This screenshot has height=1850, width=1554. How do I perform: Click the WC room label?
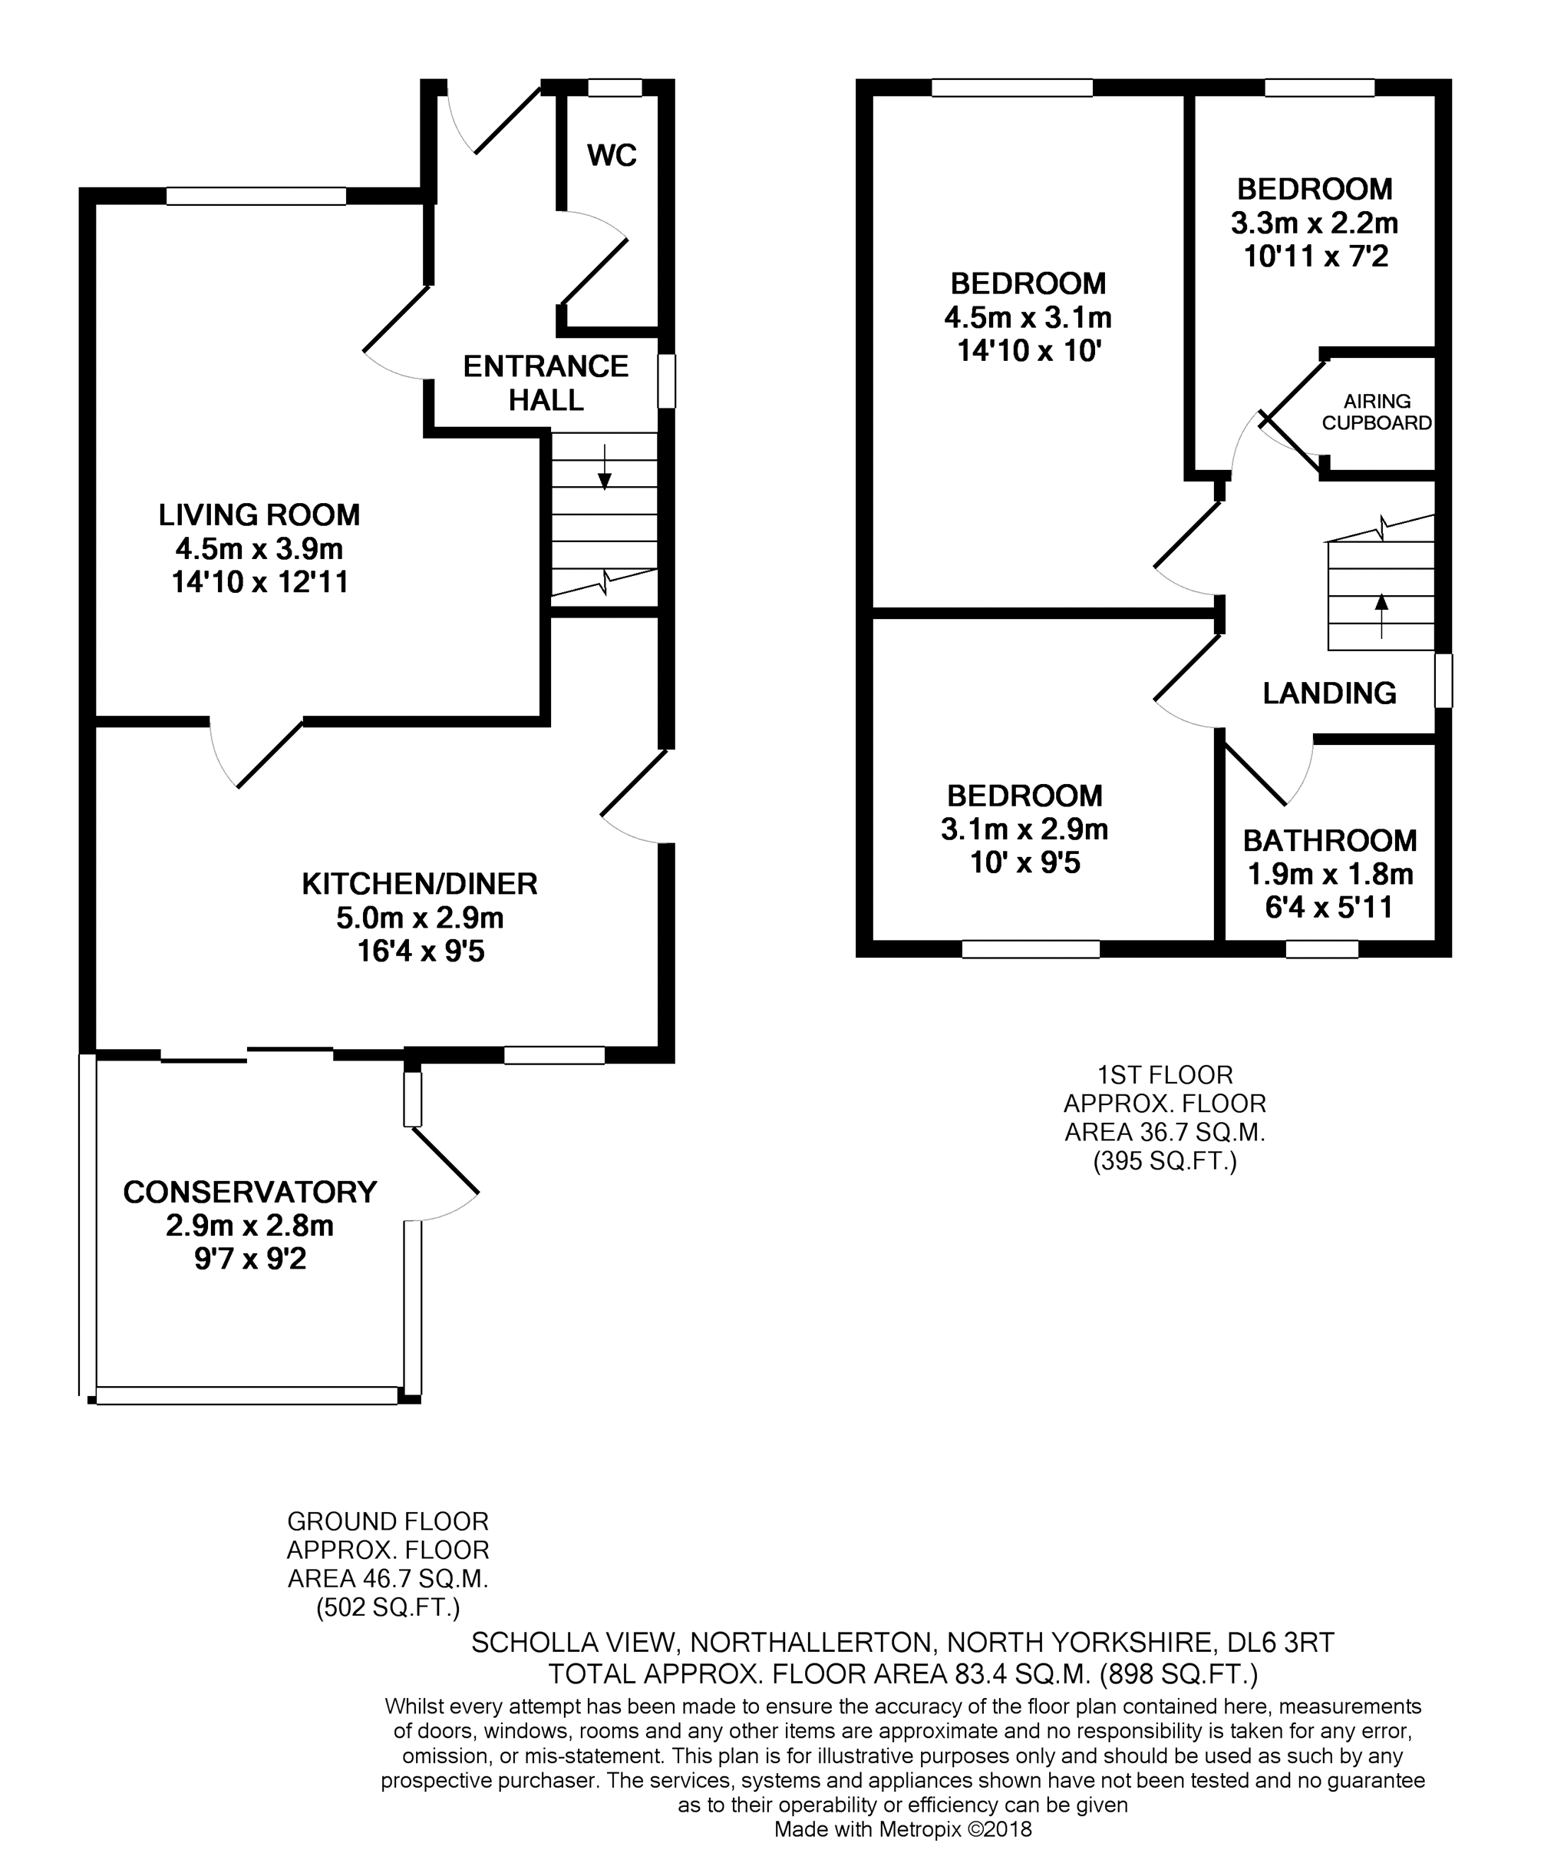(x=612, y=155)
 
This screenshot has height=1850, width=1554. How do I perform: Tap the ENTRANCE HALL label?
(x=546, y=382)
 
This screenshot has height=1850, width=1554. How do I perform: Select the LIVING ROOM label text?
(x=259, y=515)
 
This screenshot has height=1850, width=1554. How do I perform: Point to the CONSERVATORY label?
(x=249, y=1192)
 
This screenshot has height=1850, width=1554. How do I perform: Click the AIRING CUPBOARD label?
(x=1376, y=412)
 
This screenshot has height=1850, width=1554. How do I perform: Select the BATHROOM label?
(x=1329, y=841)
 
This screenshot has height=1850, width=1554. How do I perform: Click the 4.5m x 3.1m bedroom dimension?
(x=1028, y=317)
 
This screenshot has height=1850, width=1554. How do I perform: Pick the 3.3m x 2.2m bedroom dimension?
(x=1315, y=223)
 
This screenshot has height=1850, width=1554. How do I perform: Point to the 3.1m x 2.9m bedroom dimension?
(x=1024, y=829)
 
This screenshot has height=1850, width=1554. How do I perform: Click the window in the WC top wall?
(x=615, y=88)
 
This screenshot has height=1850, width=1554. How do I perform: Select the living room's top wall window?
(x=256, y=196)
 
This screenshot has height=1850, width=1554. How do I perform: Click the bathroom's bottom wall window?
(x=1321, y=948)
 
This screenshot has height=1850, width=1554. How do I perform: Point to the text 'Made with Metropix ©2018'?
(x=902, y=1828)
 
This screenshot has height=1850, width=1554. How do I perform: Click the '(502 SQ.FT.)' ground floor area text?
(x=388, y=1607)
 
